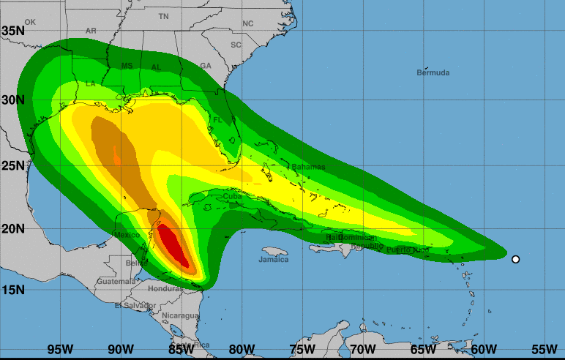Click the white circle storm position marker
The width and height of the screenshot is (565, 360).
point(515,259)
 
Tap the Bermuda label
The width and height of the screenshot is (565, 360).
point(433,72)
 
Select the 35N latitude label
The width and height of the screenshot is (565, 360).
point(13,31)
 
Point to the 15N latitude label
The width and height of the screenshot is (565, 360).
point(13,290)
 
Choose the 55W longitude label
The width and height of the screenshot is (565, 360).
point(544,348)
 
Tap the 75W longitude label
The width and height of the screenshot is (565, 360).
point(302,348)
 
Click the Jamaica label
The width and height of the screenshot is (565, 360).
point(274,259)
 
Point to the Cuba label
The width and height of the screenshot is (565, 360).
point(232,197)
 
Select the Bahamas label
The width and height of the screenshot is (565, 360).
point(308,167)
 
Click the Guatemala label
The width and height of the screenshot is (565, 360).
point(116,281)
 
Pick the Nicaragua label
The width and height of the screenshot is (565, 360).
point(180,315)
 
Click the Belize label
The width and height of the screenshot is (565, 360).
point(136,263)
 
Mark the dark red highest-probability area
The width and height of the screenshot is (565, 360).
point(173,245)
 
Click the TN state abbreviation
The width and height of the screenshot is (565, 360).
point(163,16)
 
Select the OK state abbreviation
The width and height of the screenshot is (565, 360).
point(30,22)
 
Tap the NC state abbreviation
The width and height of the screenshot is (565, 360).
point(247,23)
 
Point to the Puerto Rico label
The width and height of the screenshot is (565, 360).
point(408,250)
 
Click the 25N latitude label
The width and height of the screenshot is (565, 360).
point(13,165)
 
